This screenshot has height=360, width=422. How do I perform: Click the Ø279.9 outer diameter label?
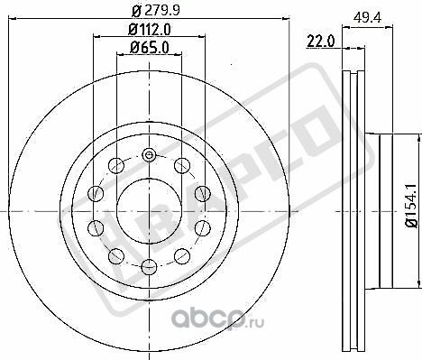(x=156, y=11)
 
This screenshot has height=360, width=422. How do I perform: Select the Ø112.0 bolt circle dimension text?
(x=150, y=30)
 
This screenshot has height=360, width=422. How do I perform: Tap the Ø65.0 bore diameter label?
(x=150, y=48)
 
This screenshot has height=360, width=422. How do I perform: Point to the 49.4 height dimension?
(x=367, y=18)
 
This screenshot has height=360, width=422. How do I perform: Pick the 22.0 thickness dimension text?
(x=320, y=42)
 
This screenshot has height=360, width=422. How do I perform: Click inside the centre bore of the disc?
(x=149, y=211)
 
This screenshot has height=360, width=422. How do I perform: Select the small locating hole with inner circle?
(x=149, y=155)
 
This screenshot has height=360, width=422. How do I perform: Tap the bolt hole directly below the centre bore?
(x=149, y=267)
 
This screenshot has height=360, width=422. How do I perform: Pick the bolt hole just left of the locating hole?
(x=116, y=165)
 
